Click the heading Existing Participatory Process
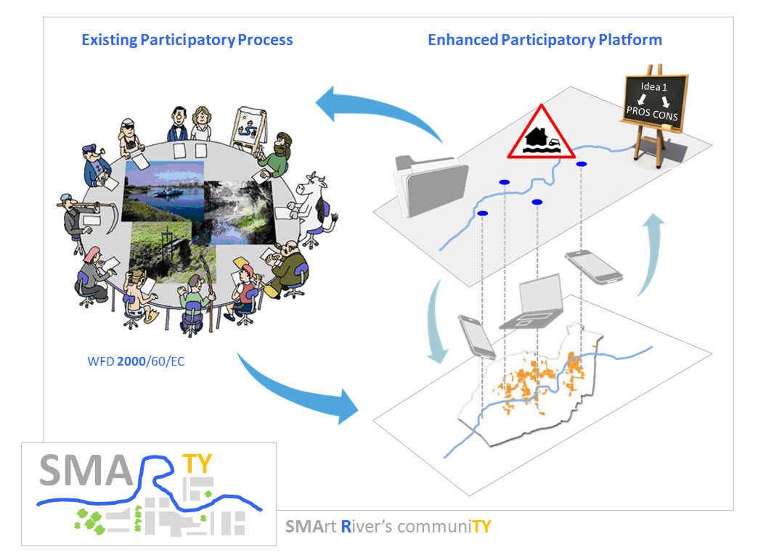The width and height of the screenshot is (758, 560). [187, 39]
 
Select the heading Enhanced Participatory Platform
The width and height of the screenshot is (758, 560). [545, 39]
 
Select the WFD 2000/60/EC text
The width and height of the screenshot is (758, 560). [134, 361]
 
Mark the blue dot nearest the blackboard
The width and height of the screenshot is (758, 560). [582, 165]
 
